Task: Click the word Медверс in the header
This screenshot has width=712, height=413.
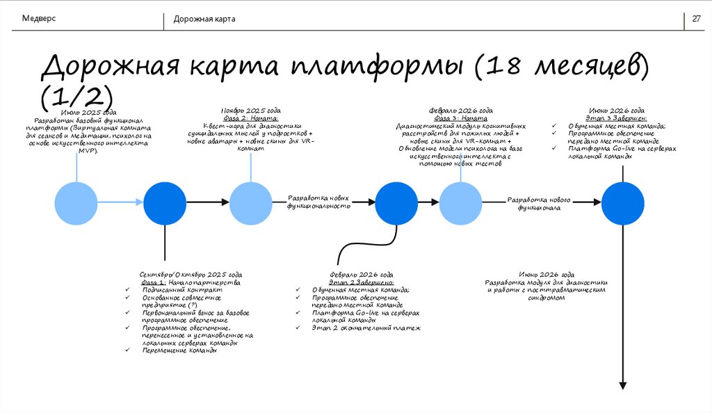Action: point(40,18)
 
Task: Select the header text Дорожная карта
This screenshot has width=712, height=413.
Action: point(204,19)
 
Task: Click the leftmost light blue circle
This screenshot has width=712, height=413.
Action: point(76,202)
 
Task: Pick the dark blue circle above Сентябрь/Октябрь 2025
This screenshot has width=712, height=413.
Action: point(165,202)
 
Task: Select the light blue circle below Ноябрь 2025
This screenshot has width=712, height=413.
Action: point(251,202)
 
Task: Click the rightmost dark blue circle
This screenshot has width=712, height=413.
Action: point(623,202)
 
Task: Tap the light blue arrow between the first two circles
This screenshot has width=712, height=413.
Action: point(120,202)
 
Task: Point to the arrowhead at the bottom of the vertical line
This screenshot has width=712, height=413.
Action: point(623,385)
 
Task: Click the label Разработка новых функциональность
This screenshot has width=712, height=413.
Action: point(320,202)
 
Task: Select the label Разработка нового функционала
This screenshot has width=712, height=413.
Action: point(539,204)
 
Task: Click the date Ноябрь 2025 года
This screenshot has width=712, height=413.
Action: point(251,111)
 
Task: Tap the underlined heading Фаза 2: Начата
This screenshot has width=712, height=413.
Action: point(250,118)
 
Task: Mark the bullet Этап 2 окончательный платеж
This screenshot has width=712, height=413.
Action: point(366,327)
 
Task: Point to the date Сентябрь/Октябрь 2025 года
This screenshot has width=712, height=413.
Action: point(191,274)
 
